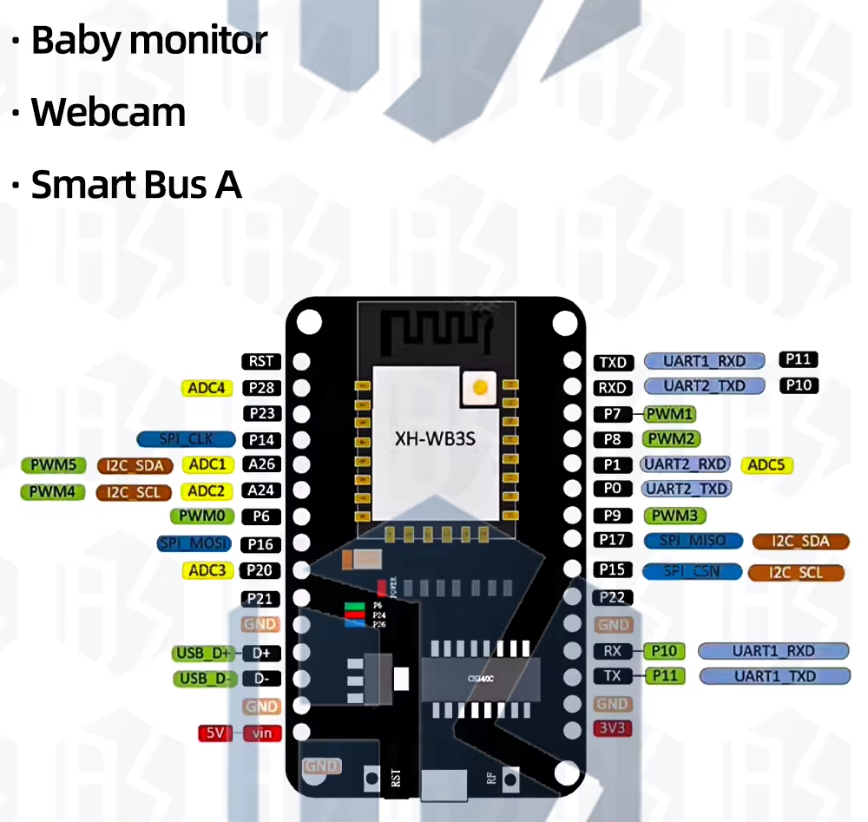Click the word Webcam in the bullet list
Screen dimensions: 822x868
pos(108,113)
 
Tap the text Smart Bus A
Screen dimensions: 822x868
pos(136,185)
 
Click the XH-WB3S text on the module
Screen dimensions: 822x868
pos(435,439)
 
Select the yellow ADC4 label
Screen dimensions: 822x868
pos(207,388)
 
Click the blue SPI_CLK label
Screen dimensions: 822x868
pos(187,439)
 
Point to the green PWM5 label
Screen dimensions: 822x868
pos(53,465)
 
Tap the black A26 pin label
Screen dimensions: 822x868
pos(261,464)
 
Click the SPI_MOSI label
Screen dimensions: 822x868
pos(195,543)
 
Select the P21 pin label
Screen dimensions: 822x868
pos(261,598)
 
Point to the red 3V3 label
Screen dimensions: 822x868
pos(613,728)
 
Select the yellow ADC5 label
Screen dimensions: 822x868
pos(766,465)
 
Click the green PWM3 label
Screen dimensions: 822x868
pos(674,516)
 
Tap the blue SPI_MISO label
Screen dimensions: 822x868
pos(694,541)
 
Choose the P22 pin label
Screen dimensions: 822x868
pos(613,597)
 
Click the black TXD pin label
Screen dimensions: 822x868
pos(613,363)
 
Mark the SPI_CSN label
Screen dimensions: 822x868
pos(692,572)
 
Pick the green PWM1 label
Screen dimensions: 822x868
pos(670,414)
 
